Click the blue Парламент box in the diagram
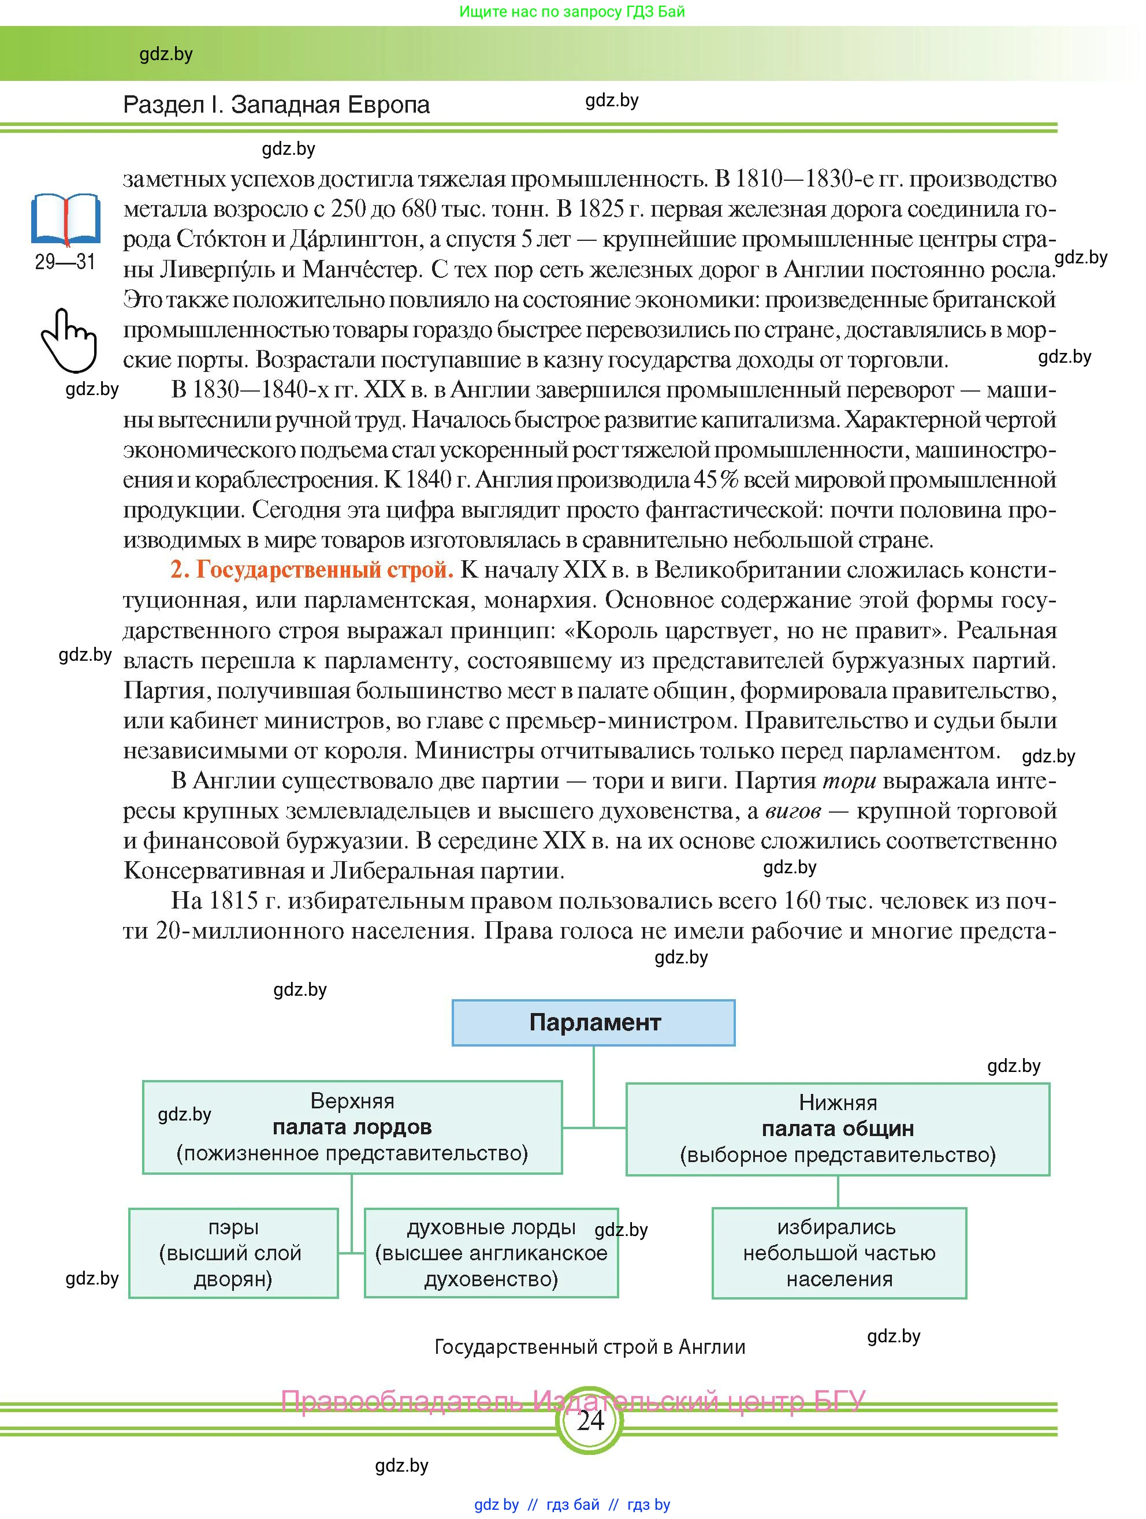593,1022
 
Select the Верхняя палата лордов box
352,1127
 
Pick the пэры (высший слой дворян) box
233,1253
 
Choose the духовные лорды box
491,1253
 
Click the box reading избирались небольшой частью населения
839,1253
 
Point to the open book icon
66,219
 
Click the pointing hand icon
68,340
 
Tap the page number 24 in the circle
590,1420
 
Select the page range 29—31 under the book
65,262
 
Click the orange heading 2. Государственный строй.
312,570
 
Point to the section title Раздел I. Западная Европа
276,105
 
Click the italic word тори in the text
849,781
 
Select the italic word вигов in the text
792,811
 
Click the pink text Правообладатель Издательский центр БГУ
572,1401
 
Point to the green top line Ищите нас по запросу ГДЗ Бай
572,12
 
